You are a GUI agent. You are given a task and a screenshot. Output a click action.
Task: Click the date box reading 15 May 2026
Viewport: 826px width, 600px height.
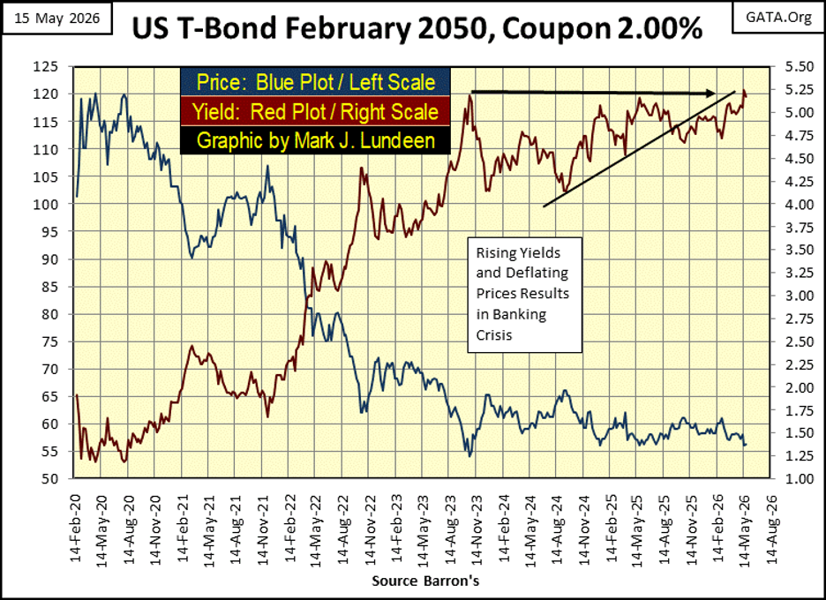[56, 19]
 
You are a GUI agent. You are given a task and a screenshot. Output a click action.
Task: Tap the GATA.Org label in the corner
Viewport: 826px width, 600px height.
[778, 18]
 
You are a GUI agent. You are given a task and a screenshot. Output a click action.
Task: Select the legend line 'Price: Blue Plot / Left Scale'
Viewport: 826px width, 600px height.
[316, 82]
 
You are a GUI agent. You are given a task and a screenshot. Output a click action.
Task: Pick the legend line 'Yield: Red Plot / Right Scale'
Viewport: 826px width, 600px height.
[316, 112]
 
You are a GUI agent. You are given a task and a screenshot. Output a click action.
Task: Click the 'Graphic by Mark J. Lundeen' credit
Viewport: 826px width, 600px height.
[316, 140]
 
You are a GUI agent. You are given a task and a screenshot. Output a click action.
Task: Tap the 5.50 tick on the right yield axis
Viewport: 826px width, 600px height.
[800, 67]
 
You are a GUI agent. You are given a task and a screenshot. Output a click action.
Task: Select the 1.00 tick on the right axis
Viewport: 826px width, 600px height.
[800, 479]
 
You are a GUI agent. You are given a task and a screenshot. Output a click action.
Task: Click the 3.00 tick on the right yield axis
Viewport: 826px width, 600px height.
[800, 296]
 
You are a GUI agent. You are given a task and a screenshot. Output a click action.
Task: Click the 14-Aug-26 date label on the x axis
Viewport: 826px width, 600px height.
[771, 528]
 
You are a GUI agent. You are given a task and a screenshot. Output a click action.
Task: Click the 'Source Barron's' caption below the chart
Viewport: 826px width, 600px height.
[425, 581]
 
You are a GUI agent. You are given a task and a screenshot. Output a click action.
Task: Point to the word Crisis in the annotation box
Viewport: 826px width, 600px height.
[494, 335]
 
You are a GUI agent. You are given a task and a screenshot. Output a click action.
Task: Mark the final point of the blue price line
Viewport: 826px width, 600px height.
[746, 445]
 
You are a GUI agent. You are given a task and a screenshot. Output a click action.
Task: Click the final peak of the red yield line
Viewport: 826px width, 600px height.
[744, 90]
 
